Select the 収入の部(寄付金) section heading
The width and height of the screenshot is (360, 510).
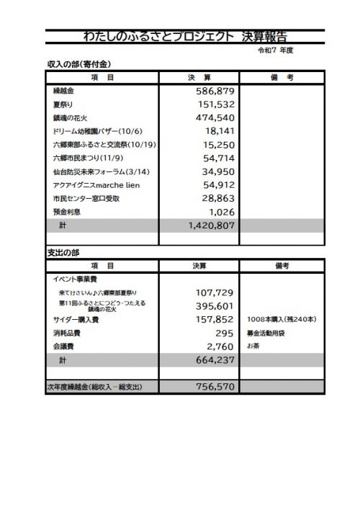point(78,65)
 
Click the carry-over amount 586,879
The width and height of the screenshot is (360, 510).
point(216,92)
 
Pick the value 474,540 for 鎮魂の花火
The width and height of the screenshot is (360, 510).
point(216,118)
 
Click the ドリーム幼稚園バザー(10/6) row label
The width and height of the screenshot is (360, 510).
point(96,132)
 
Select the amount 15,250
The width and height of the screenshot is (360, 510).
point(220,145)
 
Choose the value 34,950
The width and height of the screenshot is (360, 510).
point(220,171)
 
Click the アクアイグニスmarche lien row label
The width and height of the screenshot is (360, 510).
point(96,185)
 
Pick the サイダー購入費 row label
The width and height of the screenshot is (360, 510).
point(76,319)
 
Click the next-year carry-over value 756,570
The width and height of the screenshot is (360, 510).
point(216,387)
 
